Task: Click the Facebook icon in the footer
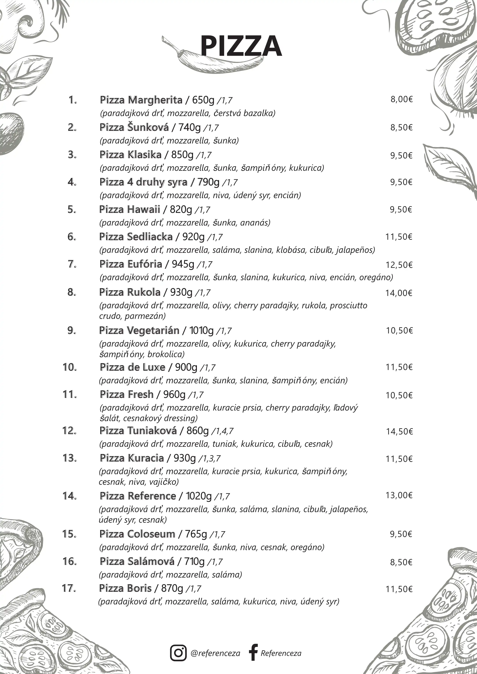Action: [x=253, y=652]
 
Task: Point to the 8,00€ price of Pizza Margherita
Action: [x=401, y=100]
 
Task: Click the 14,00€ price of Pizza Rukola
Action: [x=399, y=293]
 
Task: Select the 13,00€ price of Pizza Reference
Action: [x=399, y=496]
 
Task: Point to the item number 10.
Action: [x=70, y=367]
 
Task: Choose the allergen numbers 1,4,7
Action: [x=222, y=431]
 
